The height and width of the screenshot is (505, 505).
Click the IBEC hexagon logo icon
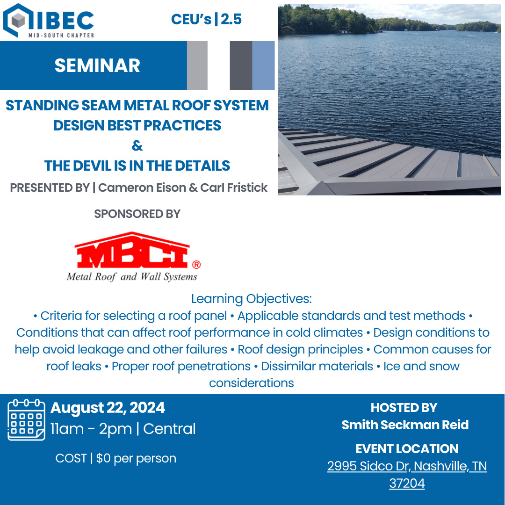pos(18,20)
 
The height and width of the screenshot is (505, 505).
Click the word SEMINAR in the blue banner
pos(97,65)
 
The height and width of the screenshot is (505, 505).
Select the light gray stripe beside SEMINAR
pos(197,65)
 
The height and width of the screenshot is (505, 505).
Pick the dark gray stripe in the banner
pos(241,65)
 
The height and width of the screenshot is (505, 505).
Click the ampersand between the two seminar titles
pos(137,146)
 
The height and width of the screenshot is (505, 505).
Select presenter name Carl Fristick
pos(234,188)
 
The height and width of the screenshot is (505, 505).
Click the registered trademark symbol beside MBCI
pos(196,265)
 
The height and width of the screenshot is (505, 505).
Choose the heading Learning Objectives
pos(251,298)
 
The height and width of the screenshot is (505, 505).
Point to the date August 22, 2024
pos(108,408)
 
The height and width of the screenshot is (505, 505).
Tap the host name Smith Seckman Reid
pos(405,425)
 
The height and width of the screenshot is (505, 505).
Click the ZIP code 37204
pos(407,483)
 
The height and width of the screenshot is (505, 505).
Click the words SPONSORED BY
pos(137,214)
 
